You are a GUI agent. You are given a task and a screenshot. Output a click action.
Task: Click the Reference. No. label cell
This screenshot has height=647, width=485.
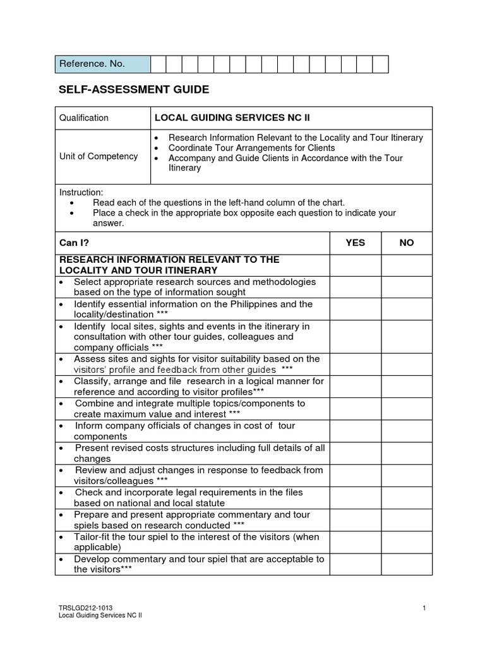click(102, 64)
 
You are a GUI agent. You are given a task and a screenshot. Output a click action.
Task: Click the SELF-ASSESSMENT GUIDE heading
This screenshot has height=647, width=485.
click(133, 90)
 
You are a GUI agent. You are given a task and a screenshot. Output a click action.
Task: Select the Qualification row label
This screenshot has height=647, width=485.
click(84, 118)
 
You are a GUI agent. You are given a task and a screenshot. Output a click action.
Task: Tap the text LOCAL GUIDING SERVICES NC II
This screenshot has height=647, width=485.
click(232, 118)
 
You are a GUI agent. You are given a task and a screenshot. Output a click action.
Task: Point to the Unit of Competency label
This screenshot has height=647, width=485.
click(99, 156)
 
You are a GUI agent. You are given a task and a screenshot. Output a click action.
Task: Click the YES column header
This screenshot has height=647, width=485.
click(355, 243)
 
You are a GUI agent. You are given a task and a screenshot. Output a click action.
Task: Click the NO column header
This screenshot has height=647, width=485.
click(407, 243)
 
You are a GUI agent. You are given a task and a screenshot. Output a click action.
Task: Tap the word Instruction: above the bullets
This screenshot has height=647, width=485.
click(81, 192)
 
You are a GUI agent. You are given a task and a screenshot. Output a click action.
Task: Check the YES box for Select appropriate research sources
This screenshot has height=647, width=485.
click(355, 287)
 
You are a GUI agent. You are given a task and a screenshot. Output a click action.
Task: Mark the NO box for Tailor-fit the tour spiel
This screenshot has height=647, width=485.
click(407, 542)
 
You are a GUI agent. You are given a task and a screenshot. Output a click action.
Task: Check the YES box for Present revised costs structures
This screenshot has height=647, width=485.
click(355, 453)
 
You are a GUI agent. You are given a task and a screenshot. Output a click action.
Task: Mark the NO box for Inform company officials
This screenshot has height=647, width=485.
click(407, 431)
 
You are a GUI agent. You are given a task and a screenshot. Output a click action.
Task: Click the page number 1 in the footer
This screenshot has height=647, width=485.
click(425, 608)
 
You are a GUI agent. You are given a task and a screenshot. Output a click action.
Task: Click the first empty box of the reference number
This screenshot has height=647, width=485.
click(158, 64)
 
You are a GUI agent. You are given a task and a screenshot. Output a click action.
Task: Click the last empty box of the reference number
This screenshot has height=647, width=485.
click(380, 64)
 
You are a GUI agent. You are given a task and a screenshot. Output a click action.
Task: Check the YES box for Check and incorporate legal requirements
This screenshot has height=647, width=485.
click(355, 497)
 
